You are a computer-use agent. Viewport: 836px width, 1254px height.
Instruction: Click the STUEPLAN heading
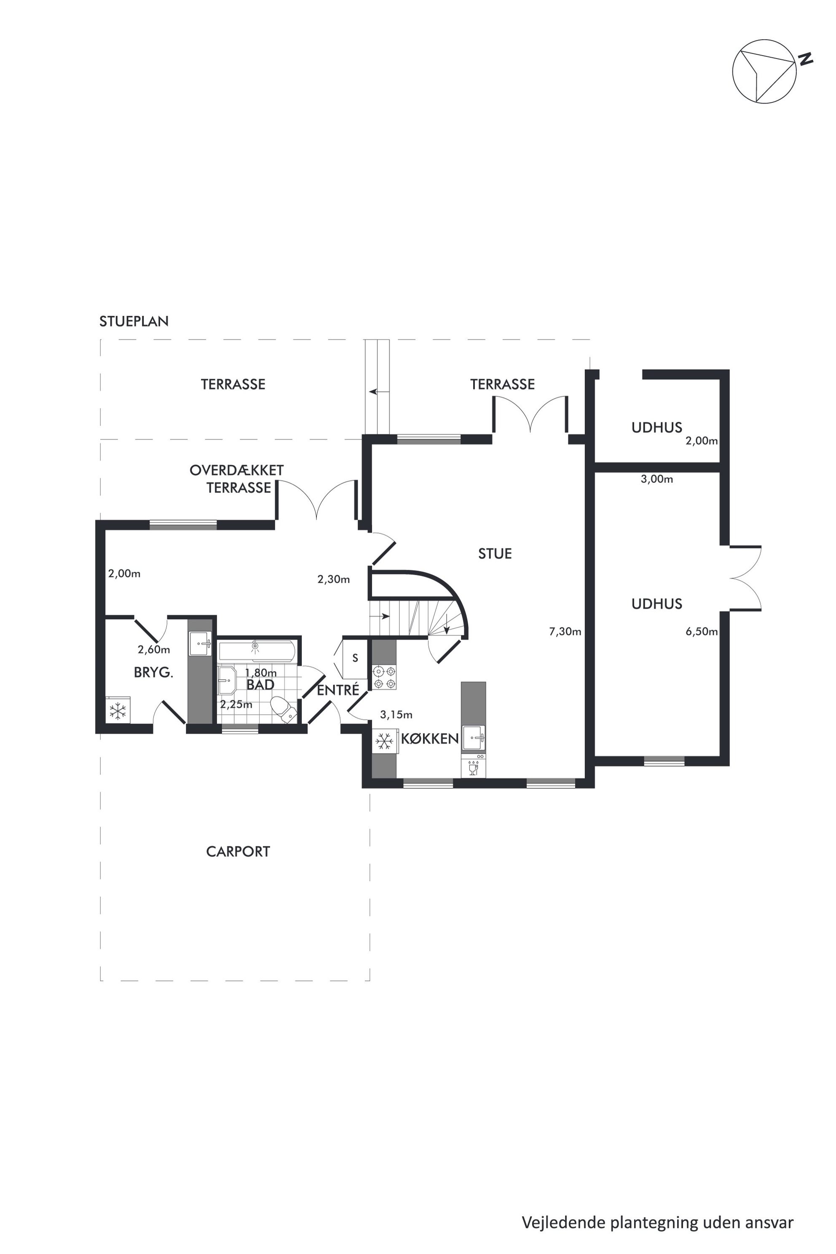tap(134, 322)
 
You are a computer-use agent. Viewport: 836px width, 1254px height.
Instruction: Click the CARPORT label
tap(238, 852)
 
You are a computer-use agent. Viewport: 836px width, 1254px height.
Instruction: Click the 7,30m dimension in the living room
tap(565, 632)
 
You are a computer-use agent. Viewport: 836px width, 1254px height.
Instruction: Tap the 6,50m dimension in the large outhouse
tap(702, 632)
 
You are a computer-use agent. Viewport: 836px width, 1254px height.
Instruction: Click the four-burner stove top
tap(384, 677)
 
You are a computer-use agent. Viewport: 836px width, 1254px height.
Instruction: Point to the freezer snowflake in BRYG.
tap(118, 710)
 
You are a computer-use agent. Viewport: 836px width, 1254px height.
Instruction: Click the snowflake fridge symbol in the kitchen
tap(384, 741)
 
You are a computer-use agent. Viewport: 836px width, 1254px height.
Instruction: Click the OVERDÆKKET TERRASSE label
tap(237, 479)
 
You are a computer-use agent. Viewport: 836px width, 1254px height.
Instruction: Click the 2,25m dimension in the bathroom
tap(236, 704)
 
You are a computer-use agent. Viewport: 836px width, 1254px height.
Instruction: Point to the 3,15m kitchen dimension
tap(396, 715)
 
